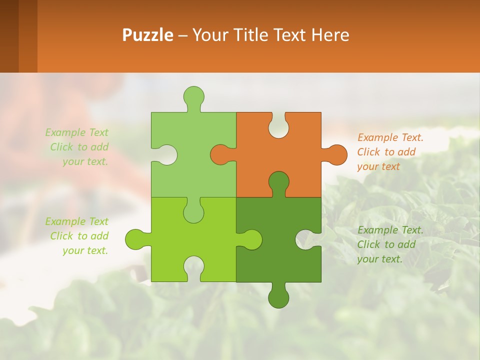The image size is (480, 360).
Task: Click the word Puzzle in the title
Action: click(x=147, y=35)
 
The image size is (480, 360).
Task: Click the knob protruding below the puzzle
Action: click(x=278, y=297)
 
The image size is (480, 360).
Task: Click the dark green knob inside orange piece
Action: click(x=278, y=182)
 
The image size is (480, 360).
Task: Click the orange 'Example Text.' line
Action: click(x=390, y=137)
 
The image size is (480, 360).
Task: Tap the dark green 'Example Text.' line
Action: click(x=390, y=230)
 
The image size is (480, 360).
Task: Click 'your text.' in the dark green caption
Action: click(x=379, y=259)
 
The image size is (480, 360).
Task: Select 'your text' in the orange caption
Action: click(x=378, y=166)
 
